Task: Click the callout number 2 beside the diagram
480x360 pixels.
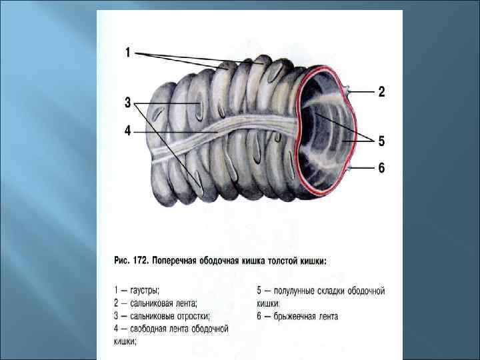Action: (x=382, y=92)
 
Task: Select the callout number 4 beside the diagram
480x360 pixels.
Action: (x=127, y=131)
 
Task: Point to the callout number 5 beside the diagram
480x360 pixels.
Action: (x=382, y=141)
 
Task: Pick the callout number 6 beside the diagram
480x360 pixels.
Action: (x=382, y=168)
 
